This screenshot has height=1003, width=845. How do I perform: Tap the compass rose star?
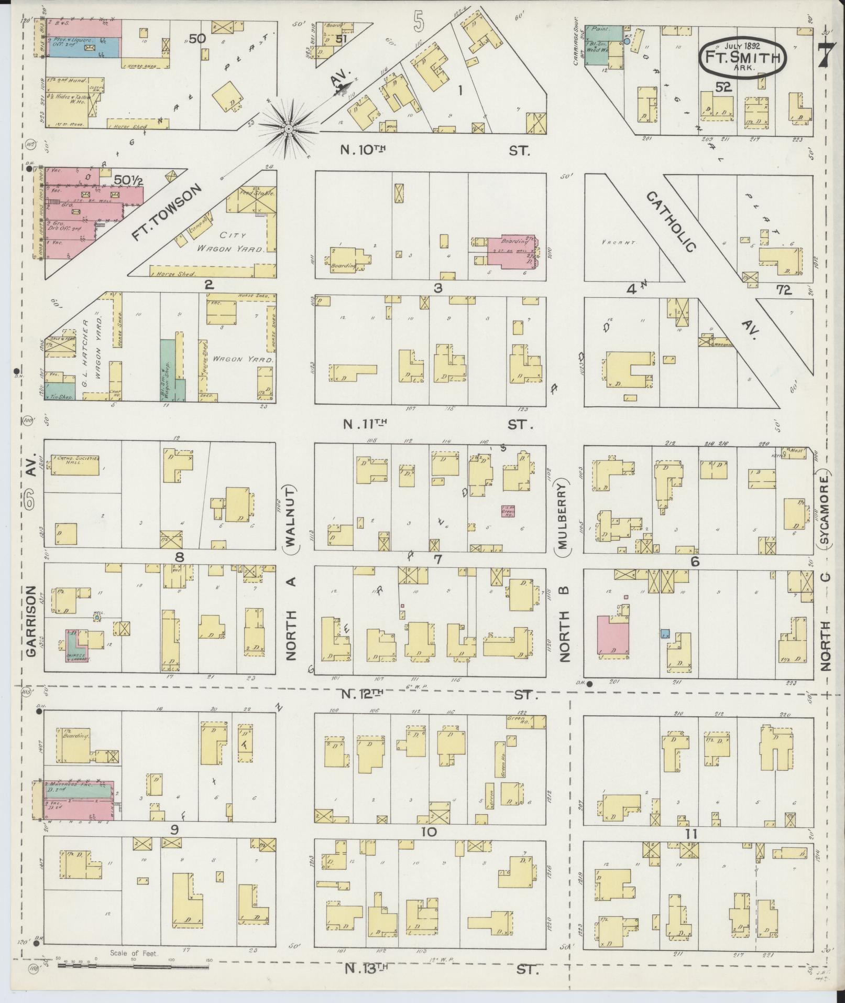[x=288, y=128]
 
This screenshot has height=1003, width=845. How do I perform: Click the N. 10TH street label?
[x=363, y=150]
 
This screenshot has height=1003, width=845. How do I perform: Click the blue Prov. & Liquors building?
[x=84, y=47]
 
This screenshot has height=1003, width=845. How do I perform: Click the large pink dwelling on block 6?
[x=613, y=636]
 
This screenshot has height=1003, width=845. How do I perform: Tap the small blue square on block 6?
[x=665, y=633]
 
